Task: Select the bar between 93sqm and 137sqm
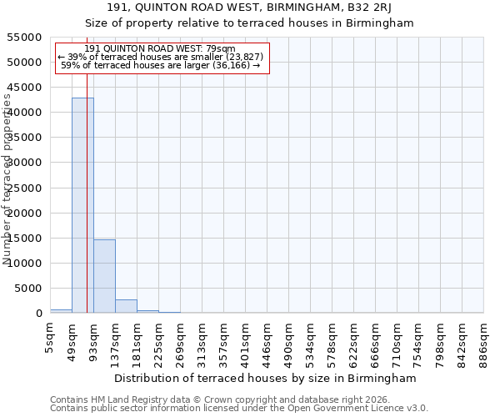(104, 276)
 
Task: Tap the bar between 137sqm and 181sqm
(126, 306)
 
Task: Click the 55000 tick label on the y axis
(25, 38)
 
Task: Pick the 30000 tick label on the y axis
(25, 163)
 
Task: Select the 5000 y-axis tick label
(28, 289)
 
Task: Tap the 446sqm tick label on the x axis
(267, 339)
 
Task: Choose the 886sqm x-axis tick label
(483, 339)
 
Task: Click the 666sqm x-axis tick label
(375, 339)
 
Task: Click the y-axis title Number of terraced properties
(7, 179)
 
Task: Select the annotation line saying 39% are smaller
(161, 57)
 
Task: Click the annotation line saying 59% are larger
(161, 65)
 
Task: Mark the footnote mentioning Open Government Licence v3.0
(239, 409)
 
